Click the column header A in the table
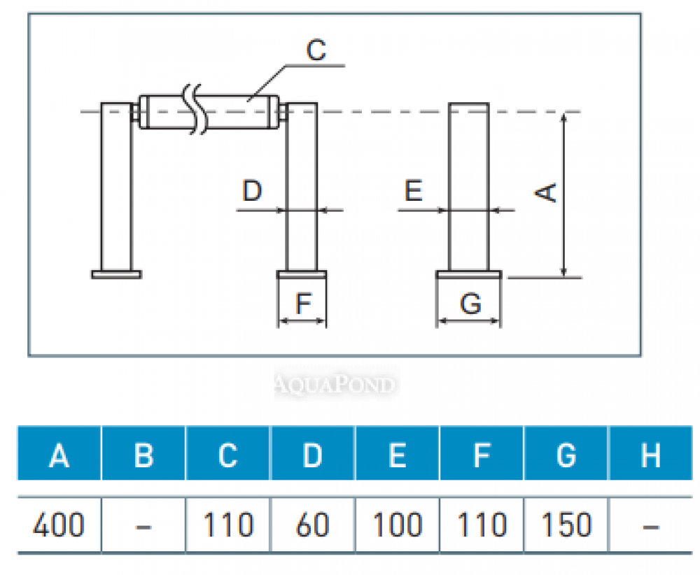[59, 455]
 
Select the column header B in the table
[143, 455]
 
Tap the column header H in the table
[651, 455]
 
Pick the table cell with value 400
[59, 525]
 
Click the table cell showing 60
[312, 525]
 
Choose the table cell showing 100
[397, 525]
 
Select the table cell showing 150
[566, 525]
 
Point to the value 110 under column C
[228, 525]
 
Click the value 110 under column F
[481, 525]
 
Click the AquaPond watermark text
[333, 384]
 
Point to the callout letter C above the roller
[316, 50]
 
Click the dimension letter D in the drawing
[252, 190]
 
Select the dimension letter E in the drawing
[414, 190]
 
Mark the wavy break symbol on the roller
[195, 111]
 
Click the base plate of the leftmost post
[116, 274]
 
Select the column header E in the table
[397, 455]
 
